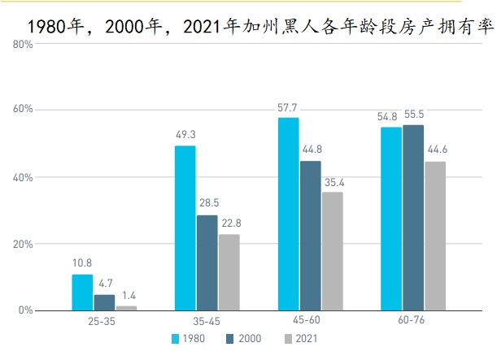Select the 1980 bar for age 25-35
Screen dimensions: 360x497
(x=82, y=293)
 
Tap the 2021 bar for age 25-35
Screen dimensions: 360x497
(x=126, y=308)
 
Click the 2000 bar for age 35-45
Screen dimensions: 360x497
(x=207, y=262)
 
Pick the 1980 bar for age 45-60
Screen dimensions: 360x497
(x=288, y=214)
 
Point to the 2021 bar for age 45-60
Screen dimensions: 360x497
(x=332, y=251)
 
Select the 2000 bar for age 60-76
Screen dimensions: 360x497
(x=413, y=218)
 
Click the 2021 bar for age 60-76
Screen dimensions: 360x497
(x=435, y=236)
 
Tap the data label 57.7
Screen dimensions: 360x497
(x=288, y=107)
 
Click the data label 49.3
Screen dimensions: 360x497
(x=185, y=136)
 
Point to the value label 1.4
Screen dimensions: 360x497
(x=126, y=296)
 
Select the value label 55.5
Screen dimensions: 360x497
(x=413, y=115)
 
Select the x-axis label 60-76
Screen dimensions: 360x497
(x=412, y=323)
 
